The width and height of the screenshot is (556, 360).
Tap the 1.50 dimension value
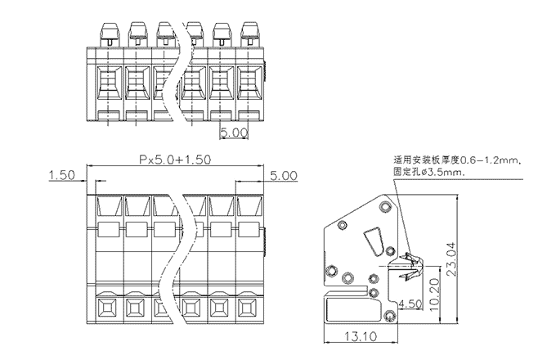pos(62,175)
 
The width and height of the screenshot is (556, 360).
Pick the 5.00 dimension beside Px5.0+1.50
pos(284,175)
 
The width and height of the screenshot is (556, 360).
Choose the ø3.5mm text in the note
pos(445,173)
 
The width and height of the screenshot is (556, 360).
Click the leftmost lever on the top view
pos(107,33)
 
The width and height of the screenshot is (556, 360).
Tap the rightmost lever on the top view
pos(249,33)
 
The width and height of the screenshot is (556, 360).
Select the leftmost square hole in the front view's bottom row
pos(107,308)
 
